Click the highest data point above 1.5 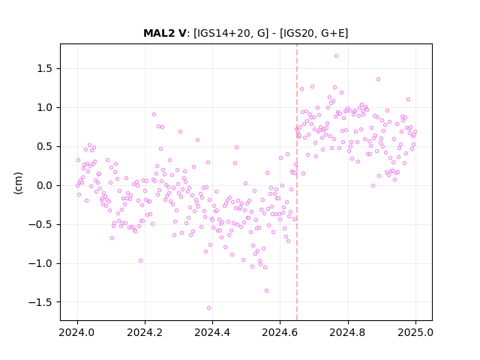point(336,56)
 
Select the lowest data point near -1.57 point(208,308)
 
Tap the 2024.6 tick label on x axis point(280,332)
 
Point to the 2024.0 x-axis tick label point(77,332)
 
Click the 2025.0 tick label point(415,332)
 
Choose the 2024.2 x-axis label point(145,332)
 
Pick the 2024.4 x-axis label point(212,332)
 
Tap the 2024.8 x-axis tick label point(347,332)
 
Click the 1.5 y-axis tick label point(45,69)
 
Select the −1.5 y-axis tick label point(40,302)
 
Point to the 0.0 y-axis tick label point(45,186)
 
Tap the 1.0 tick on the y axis point(45,108)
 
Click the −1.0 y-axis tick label point(40,263)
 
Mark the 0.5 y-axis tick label point(45,147)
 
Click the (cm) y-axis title point(18,183)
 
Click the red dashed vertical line point(297,182)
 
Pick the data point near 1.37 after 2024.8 point(378,79)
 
